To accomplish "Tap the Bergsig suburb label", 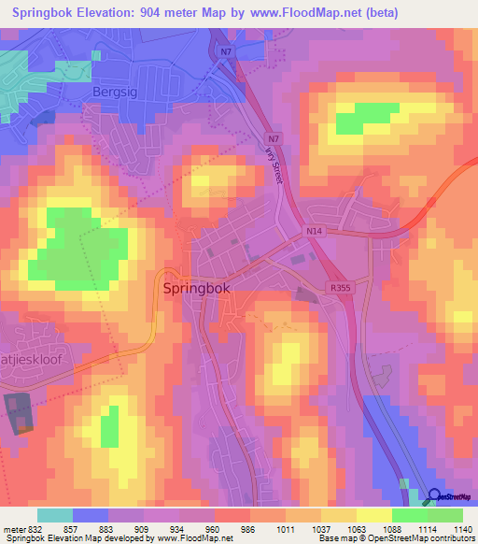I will pyautogui.click(x=116, y=92).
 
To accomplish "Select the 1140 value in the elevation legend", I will pyautogui.click(x=463, y=528).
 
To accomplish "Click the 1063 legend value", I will pyautogui.click(x=357, y=528).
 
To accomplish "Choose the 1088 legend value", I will pyautogui.click(x=392, y=528).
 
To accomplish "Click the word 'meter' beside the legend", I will pyautogui.click(x=14, y=528).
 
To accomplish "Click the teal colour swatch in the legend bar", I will pyautogui.click(x=55, y=515).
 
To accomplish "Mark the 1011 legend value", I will pyautogui.click(x=286, y=528).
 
